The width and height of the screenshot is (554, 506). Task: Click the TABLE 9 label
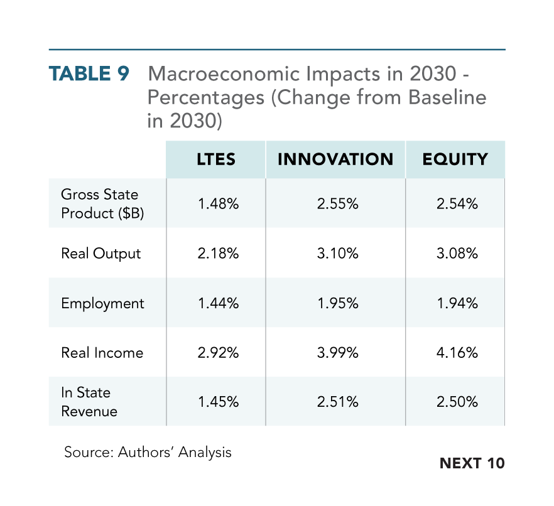coord(89,74)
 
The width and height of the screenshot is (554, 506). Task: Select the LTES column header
coord(216,159)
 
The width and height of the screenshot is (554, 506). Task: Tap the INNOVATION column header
coord(335,159)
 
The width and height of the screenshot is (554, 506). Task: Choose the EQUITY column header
coord(455,159)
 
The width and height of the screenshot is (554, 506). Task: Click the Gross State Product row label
coord(102,204)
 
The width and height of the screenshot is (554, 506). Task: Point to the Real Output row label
coord(100,254)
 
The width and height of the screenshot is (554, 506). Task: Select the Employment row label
coord(102,304)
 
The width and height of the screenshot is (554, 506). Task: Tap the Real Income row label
coord(102,353)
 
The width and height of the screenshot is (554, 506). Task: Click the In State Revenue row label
coord(89,402)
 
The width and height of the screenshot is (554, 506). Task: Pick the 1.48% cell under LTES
coord(219,204)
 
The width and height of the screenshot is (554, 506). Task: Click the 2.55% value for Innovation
coord(337,204)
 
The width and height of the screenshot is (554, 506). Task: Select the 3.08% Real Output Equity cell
coord(457,254)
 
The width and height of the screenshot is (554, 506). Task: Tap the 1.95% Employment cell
coord(338,303)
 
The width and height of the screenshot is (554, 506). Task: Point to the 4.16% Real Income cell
coord(457,353)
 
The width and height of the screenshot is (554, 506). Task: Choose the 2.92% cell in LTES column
coord(218,353)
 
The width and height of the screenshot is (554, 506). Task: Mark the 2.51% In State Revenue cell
coord(337,402)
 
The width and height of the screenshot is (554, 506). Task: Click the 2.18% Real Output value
coord(218,254)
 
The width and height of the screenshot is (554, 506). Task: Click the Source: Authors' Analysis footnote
coord(148,453)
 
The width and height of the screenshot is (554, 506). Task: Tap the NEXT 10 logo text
coord(472,463)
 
